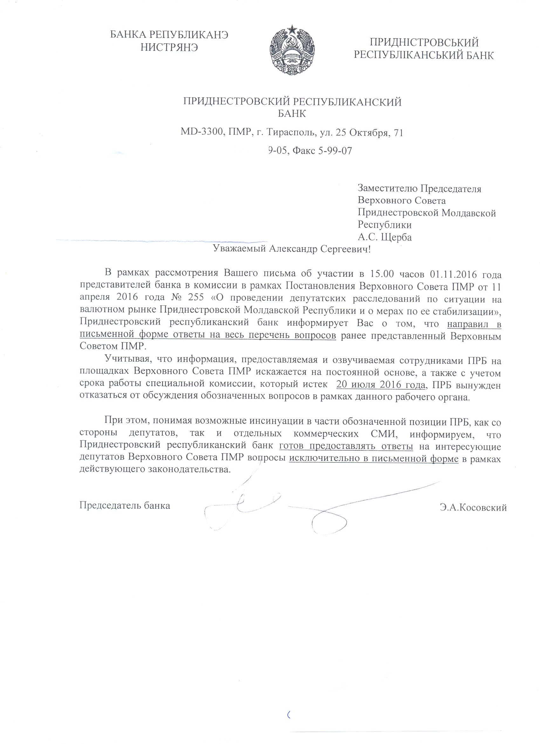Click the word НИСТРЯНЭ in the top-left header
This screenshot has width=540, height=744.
click(x=169, y=48)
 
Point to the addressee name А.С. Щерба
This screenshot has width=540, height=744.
click(x=385, y=237)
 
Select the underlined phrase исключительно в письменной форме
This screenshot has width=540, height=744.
click(x=374, y=459)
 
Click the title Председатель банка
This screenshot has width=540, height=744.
click(x=125, y=505)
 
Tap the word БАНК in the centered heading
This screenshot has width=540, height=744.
click(x=292, y=114)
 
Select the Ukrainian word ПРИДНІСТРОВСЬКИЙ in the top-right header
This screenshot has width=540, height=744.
click(x=424, y=43)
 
